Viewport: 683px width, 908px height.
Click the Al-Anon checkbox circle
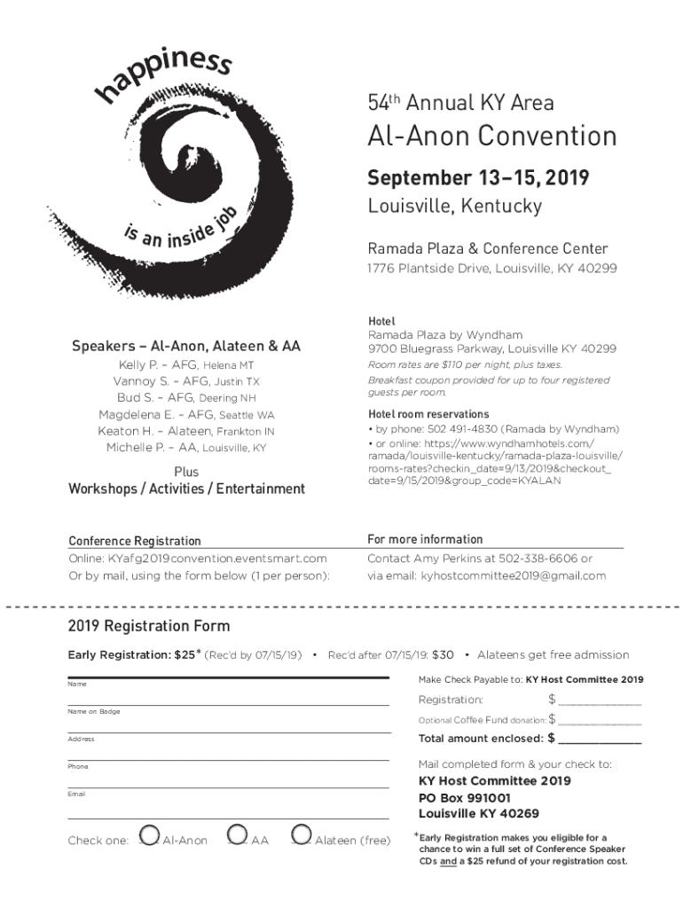point(150,834)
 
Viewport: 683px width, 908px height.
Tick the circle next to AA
point(237,834)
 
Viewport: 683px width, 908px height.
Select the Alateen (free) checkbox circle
point(302,834)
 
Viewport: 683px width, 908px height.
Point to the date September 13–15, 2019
point(478,178)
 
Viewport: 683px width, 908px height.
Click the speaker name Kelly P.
point(137,364)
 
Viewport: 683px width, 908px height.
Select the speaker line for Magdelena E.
point(186,414)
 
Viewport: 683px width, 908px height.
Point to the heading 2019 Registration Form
point(149,626)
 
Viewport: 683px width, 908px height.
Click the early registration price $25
point(184,655)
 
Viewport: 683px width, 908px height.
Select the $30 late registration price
point(442,655)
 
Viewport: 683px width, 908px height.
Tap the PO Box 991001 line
point(464,797)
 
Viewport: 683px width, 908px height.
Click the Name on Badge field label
point(93,712)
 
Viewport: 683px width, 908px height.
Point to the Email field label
point(76,794)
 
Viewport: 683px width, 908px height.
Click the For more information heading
point(425,540)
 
